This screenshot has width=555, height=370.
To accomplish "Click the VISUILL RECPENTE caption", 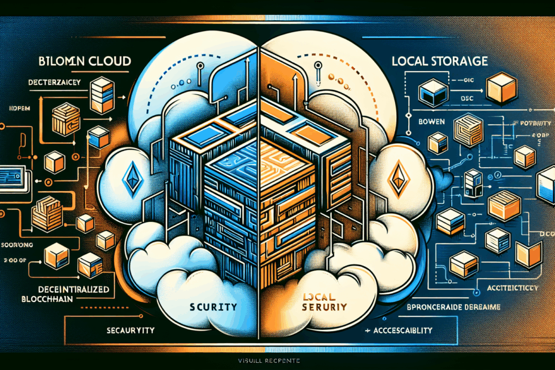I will [277, 361].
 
